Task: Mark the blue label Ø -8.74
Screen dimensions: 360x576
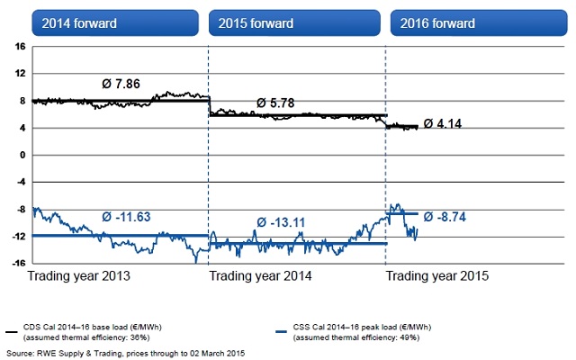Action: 454,216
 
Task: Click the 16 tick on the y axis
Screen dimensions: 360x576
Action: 19,46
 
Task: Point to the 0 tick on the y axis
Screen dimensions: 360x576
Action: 22,155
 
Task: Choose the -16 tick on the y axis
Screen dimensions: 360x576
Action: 17,263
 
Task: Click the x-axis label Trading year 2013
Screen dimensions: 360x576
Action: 80,276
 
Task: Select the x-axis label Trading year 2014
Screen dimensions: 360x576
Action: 261,276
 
